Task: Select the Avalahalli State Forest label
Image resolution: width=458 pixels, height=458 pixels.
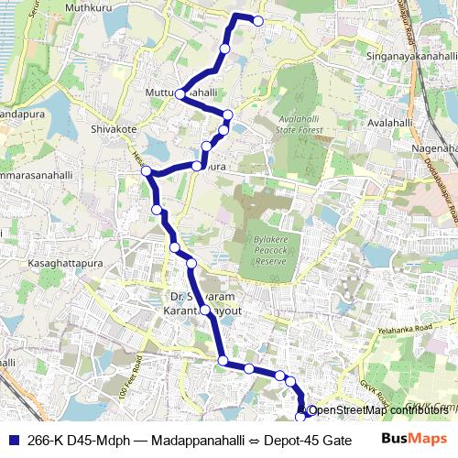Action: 300,125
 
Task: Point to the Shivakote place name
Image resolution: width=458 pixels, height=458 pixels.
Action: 113,129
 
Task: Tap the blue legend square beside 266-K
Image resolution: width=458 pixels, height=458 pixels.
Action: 12,440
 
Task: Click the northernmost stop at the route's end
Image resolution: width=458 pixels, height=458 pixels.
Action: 257,20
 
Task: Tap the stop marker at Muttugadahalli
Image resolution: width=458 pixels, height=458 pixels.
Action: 180,94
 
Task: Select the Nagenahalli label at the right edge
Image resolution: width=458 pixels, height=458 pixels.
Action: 436,147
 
